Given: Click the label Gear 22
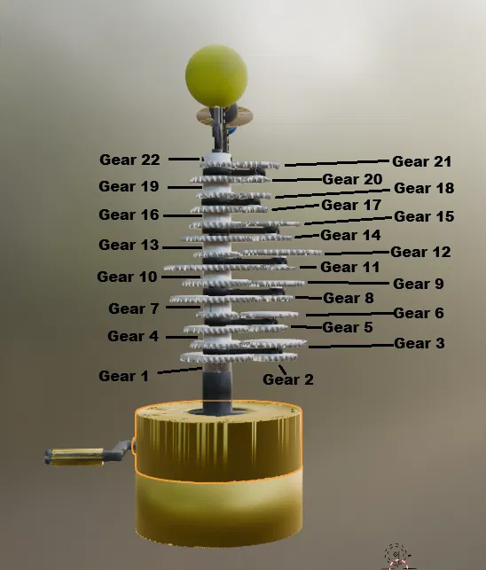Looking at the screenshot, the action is (129, 160).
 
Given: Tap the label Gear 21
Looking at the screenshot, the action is (421, 161).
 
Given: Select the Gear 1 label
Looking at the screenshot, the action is (123, 376).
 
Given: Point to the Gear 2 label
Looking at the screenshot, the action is (287, 379).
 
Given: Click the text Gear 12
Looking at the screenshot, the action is (420, 252).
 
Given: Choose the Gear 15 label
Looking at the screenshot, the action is (424, 216).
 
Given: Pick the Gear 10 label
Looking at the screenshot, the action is (127, 277).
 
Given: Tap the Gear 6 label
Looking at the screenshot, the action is (419, 313).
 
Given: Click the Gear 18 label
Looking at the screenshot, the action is (424, 188).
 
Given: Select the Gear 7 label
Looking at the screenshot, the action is (134, 308).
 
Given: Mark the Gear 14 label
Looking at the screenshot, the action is (350, 235).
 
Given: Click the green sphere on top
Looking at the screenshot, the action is (216, 76).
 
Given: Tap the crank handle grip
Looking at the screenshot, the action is (74, 457).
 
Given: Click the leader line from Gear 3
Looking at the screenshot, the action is (351, 346).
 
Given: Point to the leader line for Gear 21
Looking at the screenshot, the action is (337, 163).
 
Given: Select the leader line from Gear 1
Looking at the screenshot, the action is (180, 371).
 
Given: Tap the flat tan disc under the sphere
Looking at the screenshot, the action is (224, 116).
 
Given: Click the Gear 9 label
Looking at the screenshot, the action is (419, 284).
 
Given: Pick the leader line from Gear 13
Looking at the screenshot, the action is (183, 248).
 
